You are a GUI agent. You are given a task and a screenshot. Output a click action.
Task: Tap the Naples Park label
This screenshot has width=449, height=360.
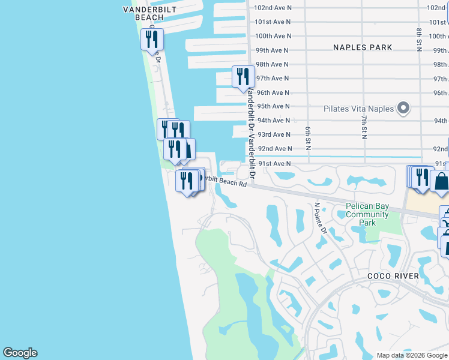pos(363,47)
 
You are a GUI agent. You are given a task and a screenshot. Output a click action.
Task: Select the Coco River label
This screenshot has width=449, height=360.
pos(393,275)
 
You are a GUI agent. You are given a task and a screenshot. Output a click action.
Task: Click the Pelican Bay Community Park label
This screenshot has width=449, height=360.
pos(367,214)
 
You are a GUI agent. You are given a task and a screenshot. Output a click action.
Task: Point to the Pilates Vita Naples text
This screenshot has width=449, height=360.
pos(358,109)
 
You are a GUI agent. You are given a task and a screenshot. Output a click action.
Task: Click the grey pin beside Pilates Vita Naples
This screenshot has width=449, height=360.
pos(403,109)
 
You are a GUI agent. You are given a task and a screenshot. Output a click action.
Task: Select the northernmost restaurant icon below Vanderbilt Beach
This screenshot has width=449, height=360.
pos(151,40)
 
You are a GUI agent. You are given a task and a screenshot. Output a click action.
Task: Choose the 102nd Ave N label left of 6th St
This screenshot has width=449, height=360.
pos(273,8)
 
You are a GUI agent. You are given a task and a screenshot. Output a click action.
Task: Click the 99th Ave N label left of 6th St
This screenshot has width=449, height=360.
pos(273,50)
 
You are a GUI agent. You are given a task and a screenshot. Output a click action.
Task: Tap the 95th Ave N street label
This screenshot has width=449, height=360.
pos(273,106)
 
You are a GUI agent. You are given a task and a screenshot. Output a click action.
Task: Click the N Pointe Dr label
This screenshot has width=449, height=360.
pos(320,219)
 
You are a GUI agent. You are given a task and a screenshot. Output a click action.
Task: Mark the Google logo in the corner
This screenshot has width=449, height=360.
pos(20,353)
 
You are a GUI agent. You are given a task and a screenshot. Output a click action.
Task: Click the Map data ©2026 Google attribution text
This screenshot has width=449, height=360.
pos(411,355)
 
